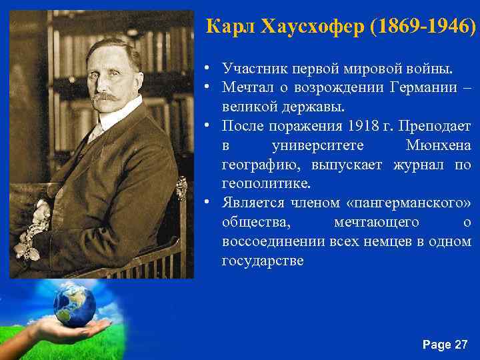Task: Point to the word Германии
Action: tap(425, 87)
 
